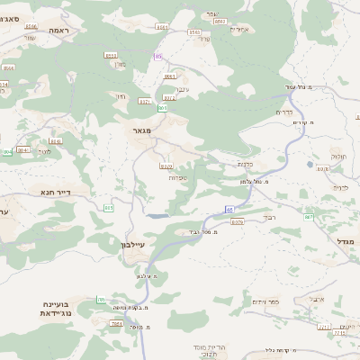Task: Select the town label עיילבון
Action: (131, 244)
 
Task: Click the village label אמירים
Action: (239, 29)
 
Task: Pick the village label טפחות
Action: (176, 177)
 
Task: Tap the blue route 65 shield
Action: (229, 209)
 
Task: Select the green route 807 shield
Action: (309, 217)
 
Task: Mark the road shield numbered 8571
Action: (144, 102)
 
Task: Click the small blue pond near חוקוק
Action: (310, 165)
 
